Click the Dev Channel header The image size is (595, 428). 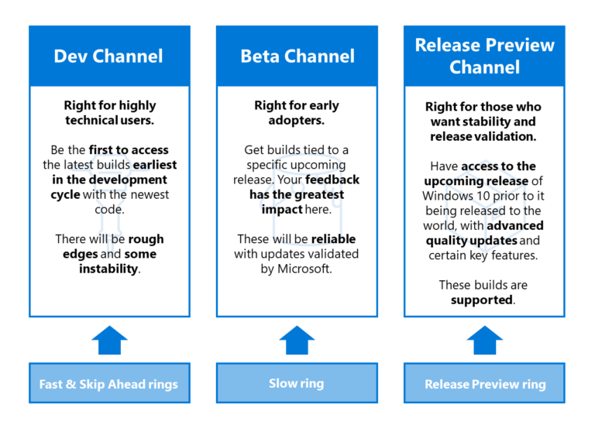click(x=109, y=56)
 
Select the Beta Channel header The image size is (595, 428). click(x=297, y=56)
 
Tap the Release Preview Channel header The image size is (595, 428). click(x=484, y=56)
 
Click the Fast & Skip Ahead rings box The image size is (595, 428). click(x=109, y=384)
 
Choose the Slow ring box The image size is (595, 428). click(x=297, y=383)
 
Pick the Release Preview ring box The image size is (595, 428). click(x=484, y=384)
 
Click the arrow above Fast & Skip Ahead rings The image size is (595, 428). click(x=109, y=339)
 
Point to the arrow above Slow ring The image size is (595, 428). click(x=297, y=339)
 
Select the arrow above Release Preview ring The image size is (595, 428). click(x=484, y=339)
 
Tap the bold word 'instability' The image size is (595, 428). click(x=109, y=269)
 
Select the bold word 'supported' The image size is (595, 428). click(x=482, y=299)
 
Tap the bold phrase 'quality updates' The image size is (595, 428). click(x=467, y=241)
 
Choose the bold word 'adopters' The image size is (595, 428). click(x=297, y=121)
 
